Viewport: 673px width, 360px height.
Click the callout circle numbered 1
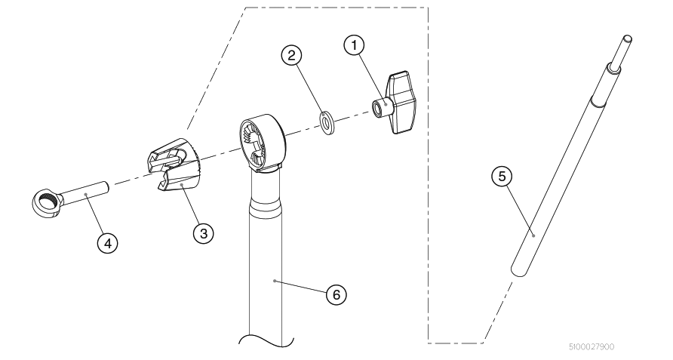(x=354, y=45)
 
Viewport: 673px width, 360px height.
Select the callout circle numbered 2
(x=291, y=55)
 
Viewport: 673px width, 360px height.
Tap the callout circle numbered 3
(x=204, y=233)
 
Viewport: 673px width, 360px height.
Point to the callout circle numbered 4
(x=107, y=243)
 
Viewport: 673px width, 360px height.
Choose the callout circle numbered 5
(x=502, y=176)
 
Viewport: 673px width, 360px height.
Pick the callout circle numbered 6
(x=336, y=294)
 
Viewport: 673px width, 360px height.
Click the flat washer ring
(x=328, y=122)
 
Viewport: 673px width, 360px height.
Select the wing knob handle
(x=400, y=103)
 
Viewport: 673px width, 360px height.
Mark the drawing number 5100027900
(x=592, y=346)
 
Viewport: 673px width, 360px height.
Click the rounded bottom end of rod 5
(x=519, y=271)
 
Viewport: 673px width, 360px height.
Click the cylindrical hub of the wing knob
(x=380, y=108)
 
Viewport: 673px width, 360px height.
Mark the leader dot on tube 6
(x=275, y=281)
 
